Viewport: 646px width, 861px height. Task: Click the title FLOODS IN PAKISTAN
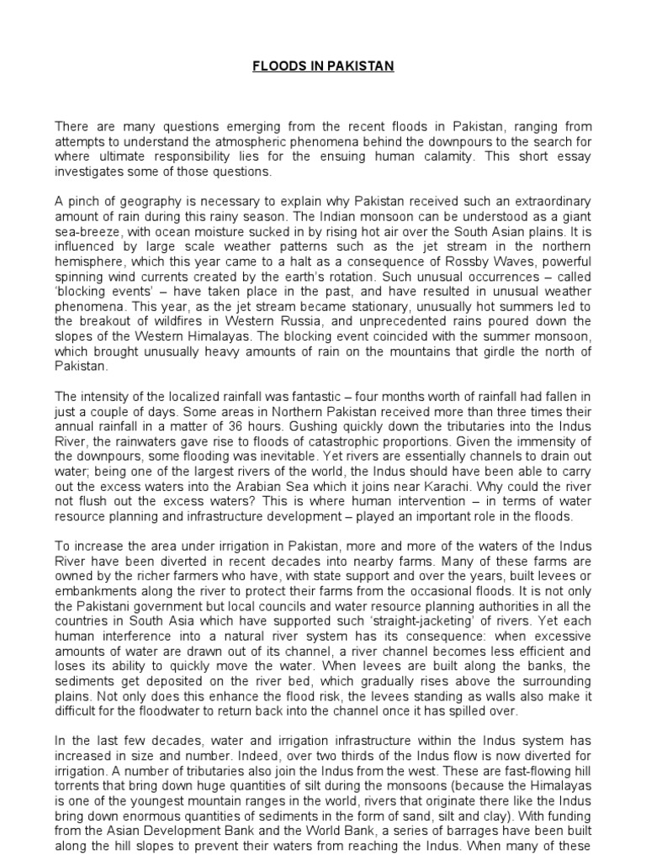pyautogui.click(x=323, y=66)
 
